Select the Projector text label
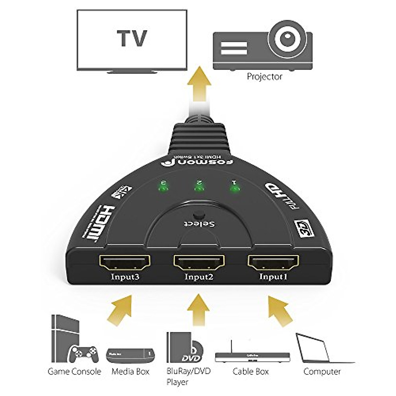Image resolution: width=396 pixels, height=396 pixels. (265, 77)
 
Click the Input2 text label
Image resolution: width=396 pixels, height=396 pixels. (198, 277)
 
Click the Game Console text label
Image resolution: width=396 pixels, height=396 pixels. (74, 372)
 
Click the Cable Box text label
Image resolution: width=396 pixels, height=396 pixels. (251, 372)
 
